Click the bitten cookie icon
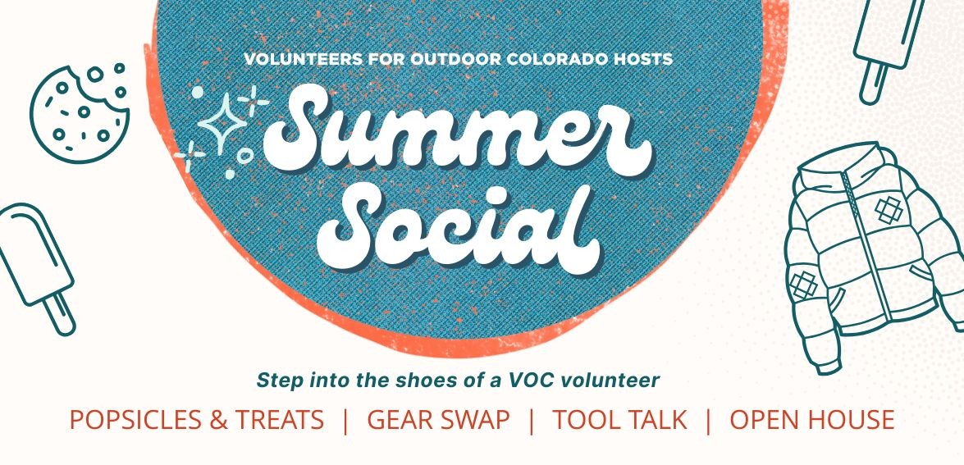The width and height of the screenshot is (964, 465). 79,114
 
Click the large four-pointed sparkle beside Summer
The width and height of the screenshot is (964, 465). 222,122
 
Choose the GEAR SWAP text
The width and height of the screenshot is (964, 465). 438,420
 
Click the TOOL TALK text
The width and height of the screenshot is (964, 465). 619,420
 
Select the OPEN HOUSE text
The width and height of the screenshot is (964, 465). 811,420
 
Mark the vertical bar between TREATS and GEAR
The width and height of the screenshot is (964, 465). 345,421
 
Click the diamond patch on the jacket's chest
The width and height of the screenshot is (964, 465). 889,210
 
